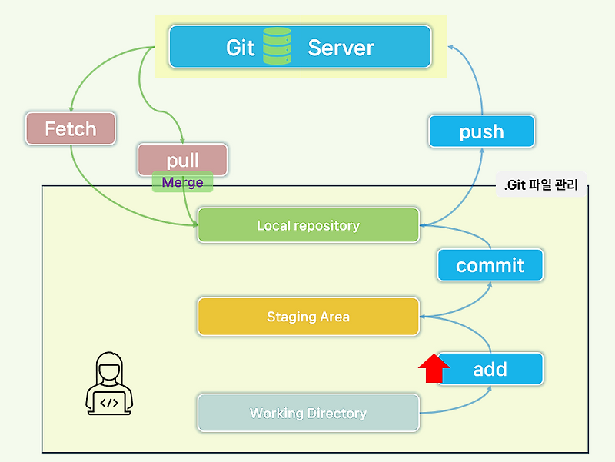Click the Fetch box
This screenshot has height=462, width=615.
pyautogui.click(x=70, y=128)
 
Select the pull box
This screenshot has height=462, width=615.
pyautogui.click(x=182, y=159)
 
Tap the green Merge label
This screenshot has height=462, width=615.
pyautogui.click(x=182, y=182)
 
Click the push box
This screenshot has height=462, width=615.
pyautogui.click(x=481, y=131)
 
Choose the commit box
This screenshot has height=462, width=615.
pyautogui.click(x=490, y=265)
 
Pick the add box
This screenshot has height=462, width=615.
pyautogui.click(x=490, y=369)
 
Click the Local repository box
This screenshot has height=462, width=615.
pyautogui.click(x=307, y=225)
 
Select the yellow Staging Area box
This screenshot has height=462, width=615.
pyautogui.click(x=307, y=316)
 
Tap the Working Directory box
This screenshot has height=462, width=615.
pyautogui.click(x=307, y=413)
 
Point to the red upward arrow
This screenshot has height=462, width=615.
pyautogui.click(x=434, y=367)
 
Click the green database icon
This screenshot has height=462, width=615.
pyautogui.click(x=277, y=46)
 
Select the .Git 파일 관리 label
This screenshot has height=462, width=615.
pyautogui.click(x=540, y=184)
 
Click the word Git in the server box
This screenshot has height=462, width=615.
pyautogui.click(x=240, y=47)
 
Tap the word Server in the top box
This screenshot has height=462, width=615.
pyautogui.click(x=341, y=47)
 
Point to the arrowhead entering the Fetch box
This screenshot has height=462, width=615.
pyautogui.click(x=70, y=109)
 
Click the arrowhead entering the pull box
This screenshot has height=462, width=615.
pyautogui.click(x=182, y=140)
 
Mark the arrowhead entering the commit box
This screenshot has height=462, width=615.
pyautogui.click(x=490, y=282)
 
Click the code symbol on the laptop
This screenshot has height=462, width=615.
pyautogui.click(x=109, y=401)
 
